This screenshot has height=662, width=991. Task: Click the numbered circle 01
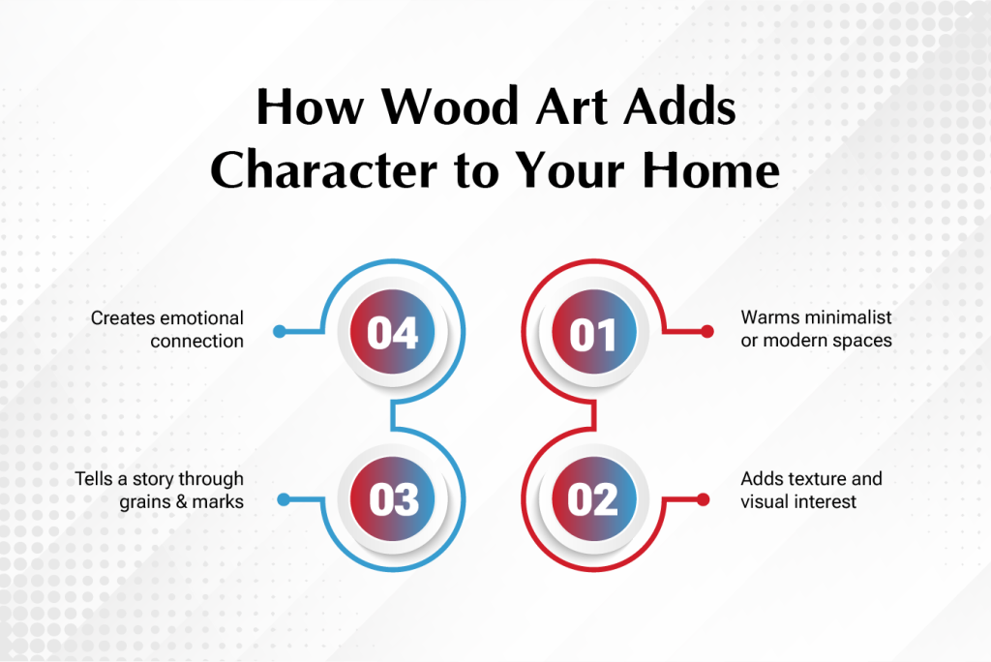[x=593, y=332]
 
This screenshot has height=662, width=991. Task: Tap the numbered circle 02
[x=593, y=498]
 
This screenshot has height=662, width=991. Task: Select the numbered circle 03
[x=393, y=498]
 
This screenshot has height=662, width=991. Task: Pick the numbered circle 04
[x=393, y=332]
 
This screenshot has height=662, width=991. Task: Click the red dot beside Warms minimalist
[x=707, y=331]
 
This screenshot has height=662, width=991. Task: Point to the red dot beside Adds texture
[x=703, y=500]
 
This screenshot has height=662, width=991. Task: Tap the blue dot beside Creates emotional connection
[x=280, y=331]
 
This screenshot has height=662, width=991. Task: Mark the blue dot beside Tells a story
[x=284, y=500]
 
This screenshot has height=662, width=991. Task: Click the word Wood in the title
[x=450, y=105]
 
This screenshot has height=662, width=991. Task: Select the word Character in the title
[x=323, y=170]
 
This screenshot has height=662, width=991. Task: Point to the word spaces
[x=862, y=342]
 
